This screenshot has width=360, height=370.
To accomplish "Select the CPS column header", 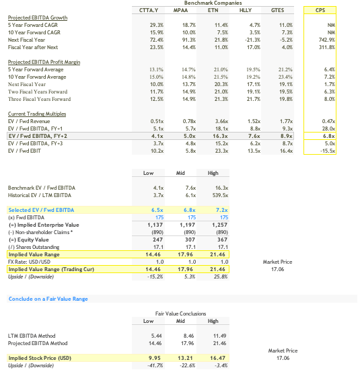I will coord(329,10).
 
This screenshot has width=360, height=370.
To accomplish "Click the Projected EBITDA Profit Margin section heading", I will coord(44,62).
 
